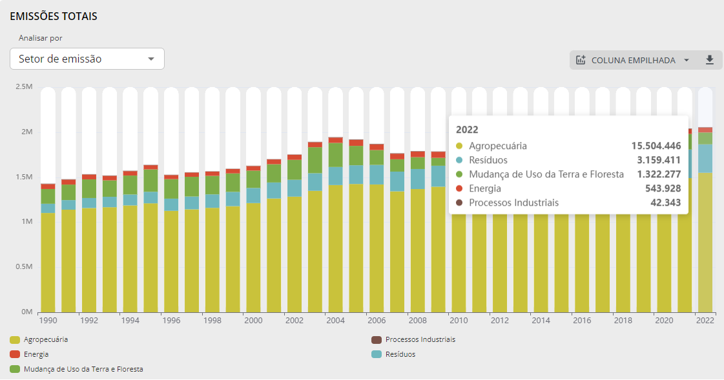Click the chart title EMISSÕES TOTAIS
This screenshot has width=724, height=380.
pos(54,16)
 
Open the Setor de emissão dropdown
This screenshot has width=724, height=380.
pos(87,59)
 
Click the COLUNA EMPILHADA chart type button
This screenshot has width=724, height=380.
pos(633,60)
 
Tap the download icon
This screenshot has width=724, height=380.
pos(709,60)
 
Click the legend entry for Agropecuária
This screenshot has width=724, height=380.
pos(46,339)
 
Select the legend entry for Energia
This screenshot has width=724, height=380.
pos(36,354)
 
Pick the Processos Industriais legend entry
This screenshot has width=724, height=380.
pos(420,339)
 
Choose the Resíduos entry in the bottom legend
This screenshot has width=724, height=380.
pos(400,354)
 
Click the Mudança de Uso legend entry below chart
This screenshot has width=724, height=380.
pos(83,369)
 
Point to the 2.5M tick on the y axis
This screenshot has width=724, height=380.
pos(23,86)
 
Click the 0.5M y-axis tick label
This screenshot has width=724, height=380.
pos(23,266)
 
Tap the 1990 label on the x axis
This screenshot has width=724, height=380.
pos(48,320)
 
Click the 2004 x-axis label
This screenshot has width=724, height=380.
pos(335,320)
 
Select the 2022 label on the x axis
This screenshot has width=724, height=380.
pos(705,320)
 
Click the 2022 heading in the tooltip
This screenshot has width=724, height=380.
pos(467,129)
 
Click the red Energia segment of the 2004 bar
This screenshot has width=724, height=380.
pos(335,140)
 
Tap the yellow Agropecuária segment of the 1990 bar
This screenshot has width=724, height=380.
pos(48,261)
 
